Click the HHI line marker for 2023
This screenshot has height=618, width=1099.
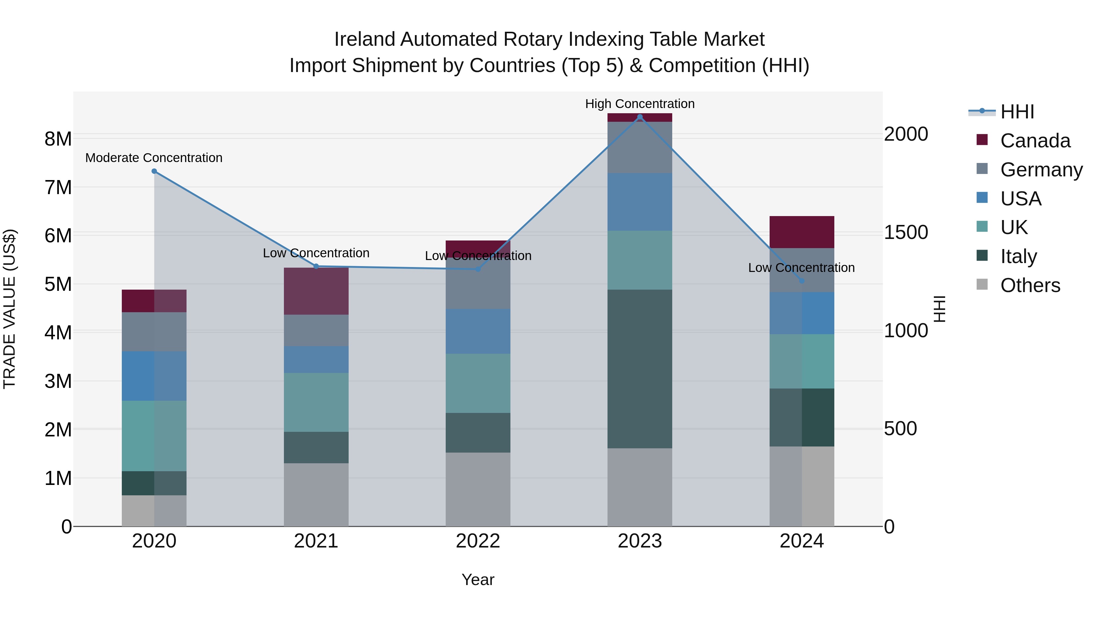640,117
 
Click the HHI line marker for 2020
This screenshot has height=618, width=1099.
154,171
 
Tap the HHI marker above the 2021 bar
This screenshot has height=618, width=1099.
316,266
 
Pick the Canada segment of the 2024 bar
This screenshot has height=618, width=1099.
802,232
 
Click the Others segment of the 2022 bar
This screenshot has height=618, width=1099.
478,489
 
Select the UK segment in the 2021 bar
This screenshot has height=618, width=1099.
316,402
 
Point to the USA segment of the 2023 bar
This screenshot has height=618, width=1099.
640,202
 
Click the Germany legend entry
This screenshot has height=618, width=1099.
1041,170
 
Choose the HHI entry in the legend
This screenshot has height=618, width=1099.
1017,112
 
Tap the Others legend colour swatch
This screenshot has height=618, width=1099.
982,284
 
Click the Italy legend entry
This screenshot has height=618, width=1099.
1018,256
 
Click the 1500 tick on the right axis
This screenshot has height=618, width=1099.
905,233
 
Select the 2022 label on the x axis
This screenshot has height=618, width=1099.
478,541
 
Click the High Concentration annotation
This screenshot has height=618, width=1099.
640,104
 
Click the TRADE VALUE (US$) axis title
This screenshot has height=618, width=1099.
9,309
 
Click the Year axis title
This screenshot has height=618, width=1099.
478,580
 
